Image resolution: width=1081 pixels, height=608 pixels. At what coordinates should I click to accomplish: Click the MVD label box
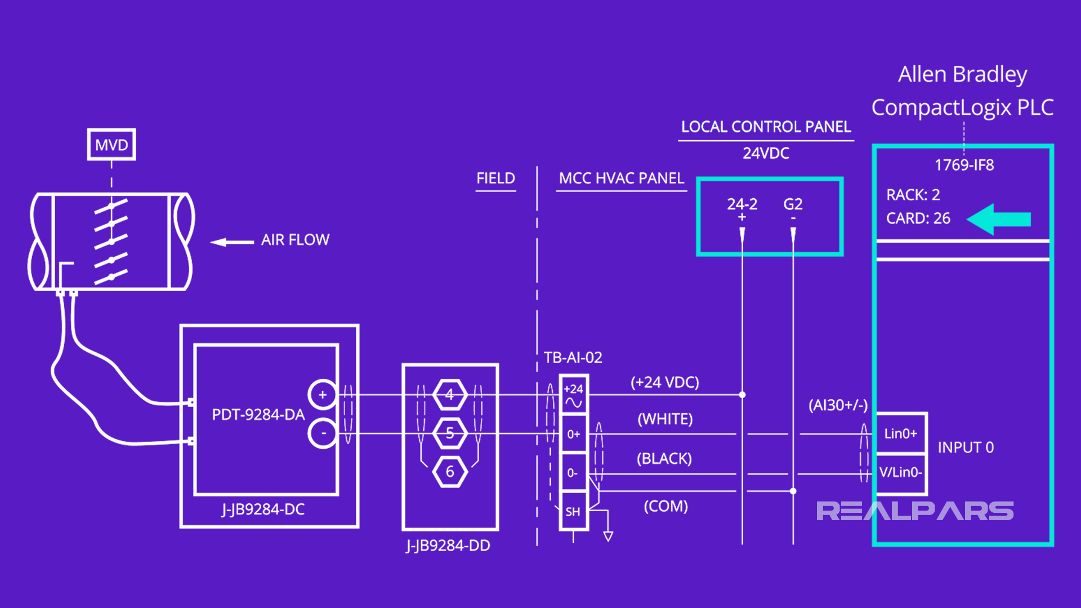[x=111, y=145]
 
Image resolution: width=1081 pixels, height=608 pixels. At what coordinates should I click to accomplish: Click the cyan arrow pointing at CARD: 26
[x=999, y=219]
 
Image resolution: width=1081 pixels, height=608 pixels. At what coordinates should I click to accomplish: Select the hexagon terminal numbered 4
[x=450, y=395]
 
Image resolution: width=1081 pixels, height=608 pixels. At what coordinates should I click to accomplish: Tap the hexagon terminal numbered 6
[x=450, y=472]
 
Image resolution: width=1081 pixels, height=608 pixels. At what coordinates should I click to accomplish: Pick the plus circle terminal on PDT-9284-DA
[x=323, y=395]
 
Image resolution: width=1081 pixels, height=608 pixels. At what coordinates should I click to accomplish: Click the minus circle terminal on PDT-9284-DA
[x=323, y=433]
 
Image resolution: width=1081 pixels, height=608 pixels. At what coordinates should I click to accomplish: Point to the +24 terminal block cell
[x=574, y=395]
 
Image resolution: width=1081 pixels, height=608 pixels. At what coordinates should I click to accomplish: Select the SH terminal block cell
[x=573, y=511]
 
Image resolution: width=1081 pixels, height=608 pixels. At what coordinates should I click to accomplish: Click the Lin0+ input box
[x=901, y=433]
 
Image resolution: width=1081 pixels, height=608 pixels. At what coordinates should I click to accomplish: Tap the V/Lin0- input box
[x=901, y=472]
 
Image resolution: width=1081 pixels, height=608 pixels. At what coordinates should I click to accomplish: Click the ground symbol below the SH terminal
[x=608, y=536]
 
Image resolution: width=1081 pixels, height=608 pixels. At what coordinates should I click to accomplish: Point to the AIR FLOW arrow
[x=231, y=242]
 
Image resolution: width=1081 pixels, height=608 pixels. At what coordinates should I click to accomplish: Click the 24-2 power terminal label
[x=742, y=204]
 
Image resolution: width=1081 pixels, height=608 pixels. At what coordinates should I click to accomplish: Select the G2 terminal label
[x=793, y=204]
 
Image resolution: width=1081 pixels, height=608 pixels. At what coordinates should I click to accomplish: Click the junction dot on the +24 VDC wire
[x=742, y=395]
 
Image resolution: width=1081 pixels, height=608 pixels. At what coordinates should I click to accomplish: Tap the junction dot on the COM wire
[x=793, y=491]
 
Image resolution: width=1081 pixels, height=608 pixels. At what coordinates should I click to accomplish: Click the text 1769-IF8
[x=964, y=165]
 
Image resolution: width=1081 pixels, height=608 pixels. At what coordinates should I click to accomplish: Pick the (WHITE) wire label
[x=665, y=419]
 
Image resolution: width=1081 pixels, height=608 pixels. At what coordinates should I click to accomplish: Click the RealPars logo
[x=915, y=511]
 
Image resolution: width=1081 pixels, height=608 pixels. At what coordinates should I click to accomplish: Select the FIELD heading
[x=495, y=178]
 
